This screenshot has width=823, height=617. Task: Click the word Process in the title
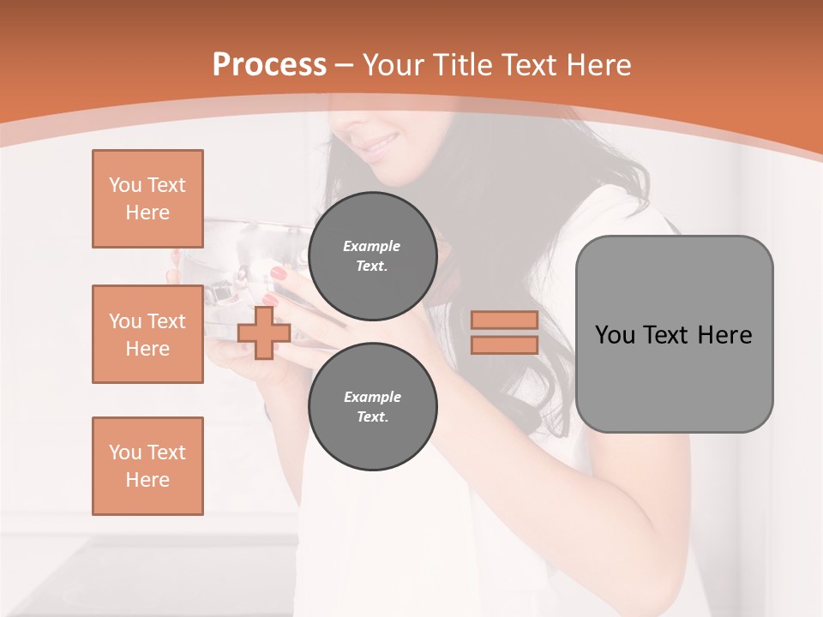[x=269, y=65]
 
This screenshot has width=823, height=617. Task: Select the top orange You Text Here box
[x=147, y=199]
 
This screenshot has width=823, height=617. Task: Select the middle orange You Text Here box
[x=147, y=334]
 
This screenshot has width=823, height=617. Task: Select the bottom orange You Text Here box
[x=147, y=466]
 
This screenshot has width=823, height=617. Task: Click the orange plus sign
[x=264, y=332]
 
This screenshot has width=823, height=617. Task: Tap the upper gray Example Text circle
[x=372, y=256]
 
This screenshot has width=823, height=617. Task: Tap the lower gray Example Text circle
[x=372, y=407]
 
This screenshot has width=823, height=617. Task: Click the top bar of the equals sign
[x=504, y=320]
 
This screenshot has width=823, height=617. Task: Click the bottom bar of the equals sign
[x=504, y=345]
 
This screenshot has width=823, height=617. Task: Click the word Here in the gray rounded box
[x=724, y=335]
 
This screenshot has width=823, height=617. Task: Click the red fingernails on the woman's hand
[x=279, y=274]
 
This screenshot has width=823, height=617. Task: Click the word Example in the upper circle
[x=372, y=246]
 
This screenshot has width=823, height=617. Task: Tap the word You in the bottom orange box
[x=124, y=452]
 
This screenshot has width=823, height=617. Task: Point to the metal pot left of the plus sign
[x=223, y=257]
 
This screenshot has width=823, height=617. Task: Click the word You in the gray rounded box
[x=614, y=335]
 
